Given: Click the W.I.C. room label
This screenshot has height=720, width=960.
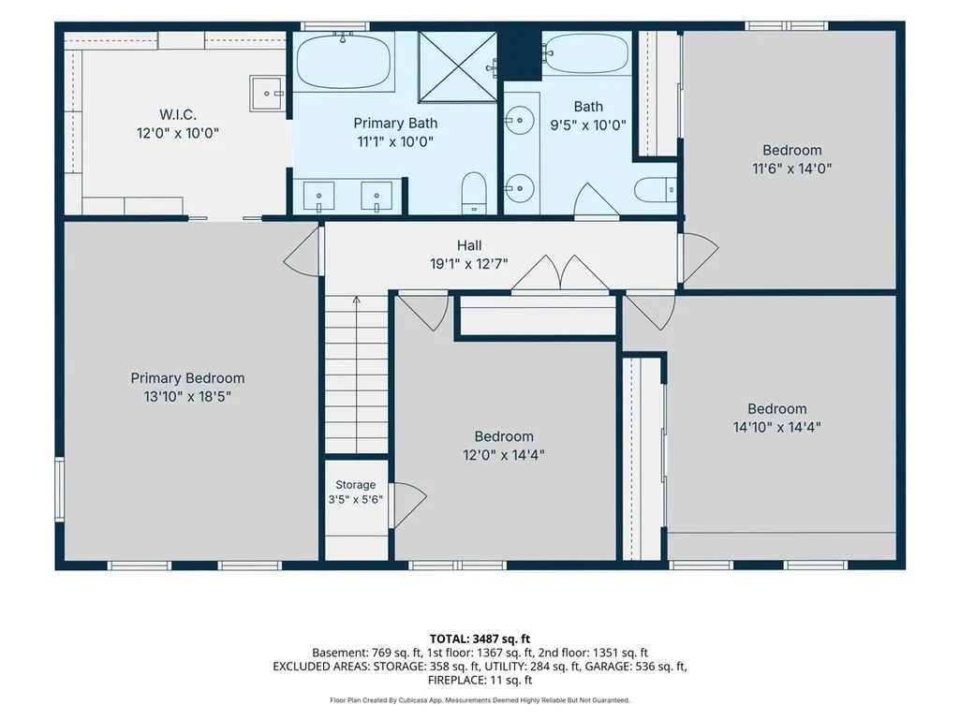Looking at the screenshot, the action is click(178, 114).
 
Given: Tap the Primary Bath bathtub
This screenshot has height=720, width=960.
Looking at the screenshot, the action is click(344, 61).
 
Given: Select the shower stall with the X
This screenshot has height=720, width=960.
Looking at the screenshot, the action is click(457, 66).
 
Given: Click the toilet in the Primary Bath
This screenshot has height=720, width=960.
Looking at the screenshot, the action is click(473, 192).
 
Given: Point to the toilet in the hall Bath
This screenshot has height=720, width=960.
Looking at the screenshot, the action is click(655, 190).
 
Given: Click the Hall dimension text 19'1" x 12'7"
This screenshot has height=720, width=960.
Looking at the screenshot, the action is click(469, 264).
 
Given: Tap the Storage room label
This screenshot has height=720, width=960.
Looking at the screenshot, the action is click(355, 485).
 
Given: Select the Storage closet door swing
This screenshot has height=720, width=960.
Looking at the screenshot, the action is click(408, 505).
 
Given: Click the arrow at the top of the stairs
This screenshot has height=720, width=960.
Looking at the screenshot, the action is click(356, 300).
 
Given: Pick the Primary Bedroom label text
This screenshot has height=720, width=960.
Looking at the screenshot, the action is click(187, 378).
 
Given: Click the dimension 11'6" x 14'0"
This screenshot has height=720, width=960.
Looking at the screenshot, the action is click(791, 169).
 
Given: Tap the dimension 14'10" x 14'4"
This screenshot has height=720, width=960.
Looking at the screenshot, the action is click(777, 427).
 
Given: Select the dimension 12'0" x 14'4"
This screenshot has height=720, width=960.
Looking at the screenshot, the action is click(504, 455).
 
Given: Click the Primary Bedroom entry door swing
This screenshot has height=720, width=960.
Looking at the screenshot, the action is click(303, 251).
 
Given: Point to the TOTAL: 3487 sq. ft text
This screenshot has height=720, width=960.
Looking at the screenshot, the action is click(480, 639).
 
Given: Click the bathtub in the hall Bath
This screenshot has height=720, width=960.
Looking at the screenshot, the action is click(586, 54).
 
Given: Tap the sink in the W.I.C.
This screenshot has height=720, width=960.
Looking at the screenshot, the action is click(267, 93).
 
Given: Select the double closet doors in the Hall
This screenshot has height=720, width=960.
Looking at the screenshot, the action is click(560, 272).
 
